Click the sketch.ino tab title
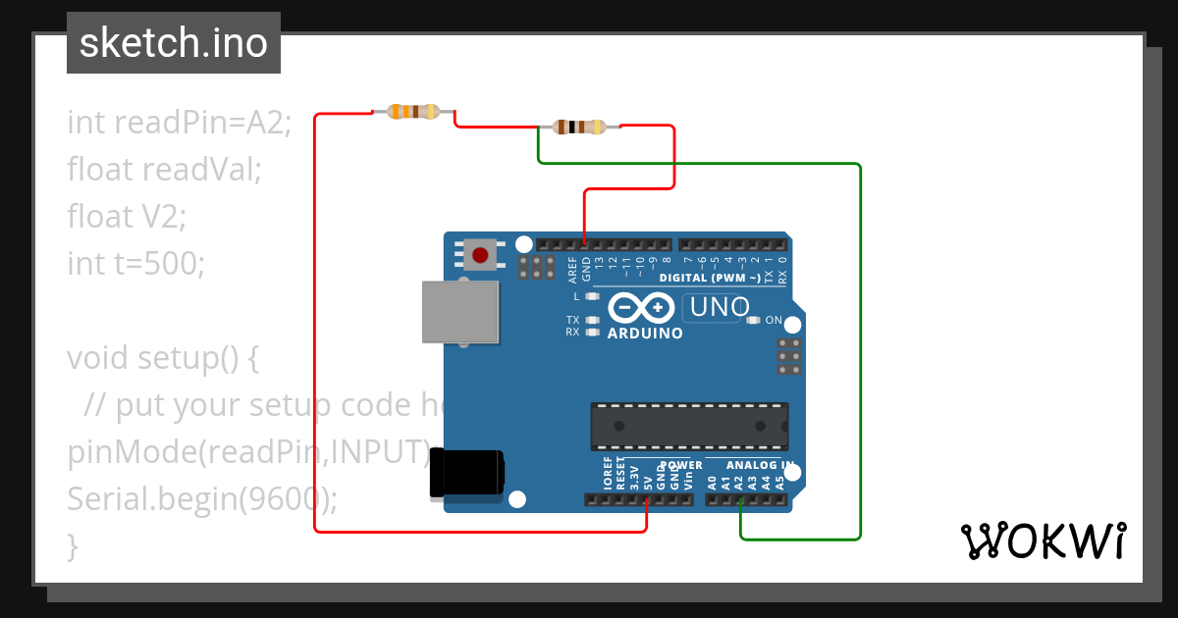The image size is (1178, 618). point(173,43)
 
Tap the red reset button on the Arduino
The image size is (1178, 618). point(480,256)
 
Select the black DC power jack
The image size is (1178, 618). point(468,474)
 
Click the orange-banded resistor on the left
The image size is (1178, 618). point(413,112)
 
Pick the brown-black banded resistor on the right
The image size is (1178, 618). point(579,127)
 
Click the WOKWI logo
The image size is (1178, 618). point(1043,541)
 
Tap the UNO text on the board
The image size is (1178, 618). point(720,307)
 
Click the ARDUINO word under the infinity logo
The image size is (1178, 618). point(645,334)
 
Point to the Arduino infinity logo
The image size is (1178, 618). point(641,308)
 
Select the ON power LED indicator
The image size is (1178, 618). point(753,320)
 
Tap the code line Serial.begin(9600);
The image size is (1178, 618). point(202,499)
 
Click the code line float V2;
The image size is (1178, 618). point(126,216)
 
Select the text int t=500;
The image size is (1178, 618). point(135,263)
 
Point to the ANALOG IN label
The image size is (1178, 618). point(759,465)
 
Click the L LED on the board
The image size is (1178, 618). point(591,295)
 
